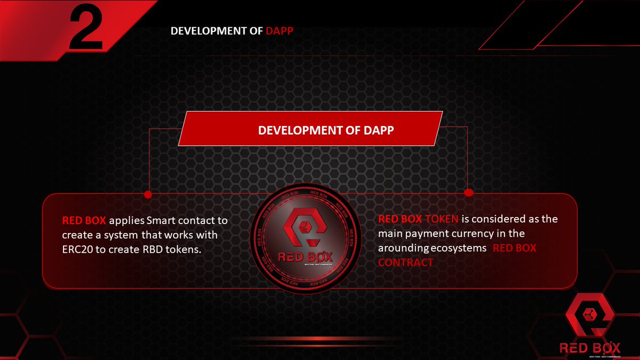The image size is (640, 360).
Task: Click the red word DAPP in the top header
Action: (x=279, y=31)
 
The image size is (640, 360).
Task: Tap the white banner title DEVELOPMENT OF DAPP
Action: (x=326, y=130)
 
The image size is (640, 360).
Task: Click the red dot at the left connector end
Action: (x=148, y=194)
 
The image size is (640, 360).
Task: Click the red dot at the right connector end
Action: (x=469, y=192)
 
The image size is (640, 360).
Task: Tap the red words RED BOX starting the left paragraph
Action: (x=84, y=220)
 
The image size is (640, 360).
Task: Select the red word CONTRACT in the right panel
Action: (x=405, y=262)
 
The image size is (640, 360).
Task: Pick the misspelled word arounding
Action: (x=404, y=248)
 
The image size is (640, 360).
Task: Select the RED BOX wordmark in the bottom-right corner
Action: (x=590, y=348)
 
